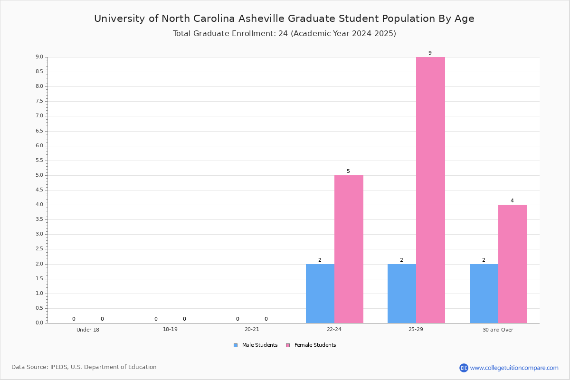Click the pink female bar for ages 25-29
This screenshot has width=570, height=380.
(430, 190)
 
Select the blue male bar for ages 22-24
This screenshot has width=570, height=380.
(320, 294)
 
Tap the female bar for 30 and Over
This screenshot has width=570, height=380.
(513, 264)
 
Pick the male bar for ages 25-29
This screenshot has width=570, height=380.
(402, 294)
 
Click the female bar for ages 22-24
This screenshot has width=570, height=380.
(349, 249)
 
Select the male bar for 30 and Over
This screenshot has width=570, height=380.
(484, 294)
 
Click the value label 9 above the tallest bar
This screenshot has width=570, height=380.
(430, 53)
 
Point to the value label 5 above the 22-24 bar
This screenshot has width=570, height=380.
(348, 171)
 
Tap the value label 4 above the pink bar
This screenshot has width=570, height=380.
(512, 201)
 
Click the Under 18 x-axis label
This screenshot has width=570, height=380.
(88, 330)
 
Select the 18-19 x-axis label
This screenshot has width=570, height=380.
(170, 329)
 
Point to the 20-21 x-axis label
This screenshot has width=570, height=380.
(252, 329)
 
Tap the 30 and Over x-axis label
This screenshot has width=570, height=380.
(498, 330)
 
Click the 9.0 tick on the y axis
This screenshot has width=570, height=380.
(39, 57)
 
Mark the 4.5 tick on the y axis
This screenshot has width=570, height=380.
(39, 190)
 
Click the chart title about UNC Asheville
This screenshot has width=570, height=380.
(284, 19)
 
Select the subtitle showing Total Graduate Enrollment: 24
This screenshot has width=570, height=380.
(284, 34)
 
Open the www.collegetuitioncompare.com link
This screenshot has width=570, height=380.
(514, 368)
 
